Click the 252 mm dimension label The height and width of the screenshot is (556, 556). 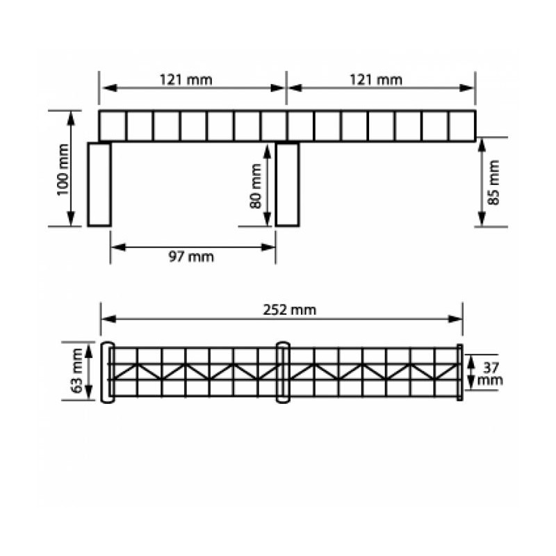pyautogui.click(x=290, y=310)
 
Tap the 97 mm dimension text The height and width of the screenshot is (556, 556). pyautogui.click(x=191, y=257)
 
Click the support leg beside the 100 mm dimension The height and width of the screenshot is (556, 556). pyautogui.click(x=99, y=184)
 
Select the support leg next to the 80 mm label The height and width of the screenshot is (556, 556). pyautogui.click(x=287, y=184)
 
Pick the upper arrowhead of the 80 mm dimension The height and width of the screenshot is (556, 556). pyautogui.click(x=268, y=147)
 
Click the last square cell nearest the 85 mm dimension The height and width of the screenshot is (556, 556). pyautogui.click(x=461, y=126)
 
